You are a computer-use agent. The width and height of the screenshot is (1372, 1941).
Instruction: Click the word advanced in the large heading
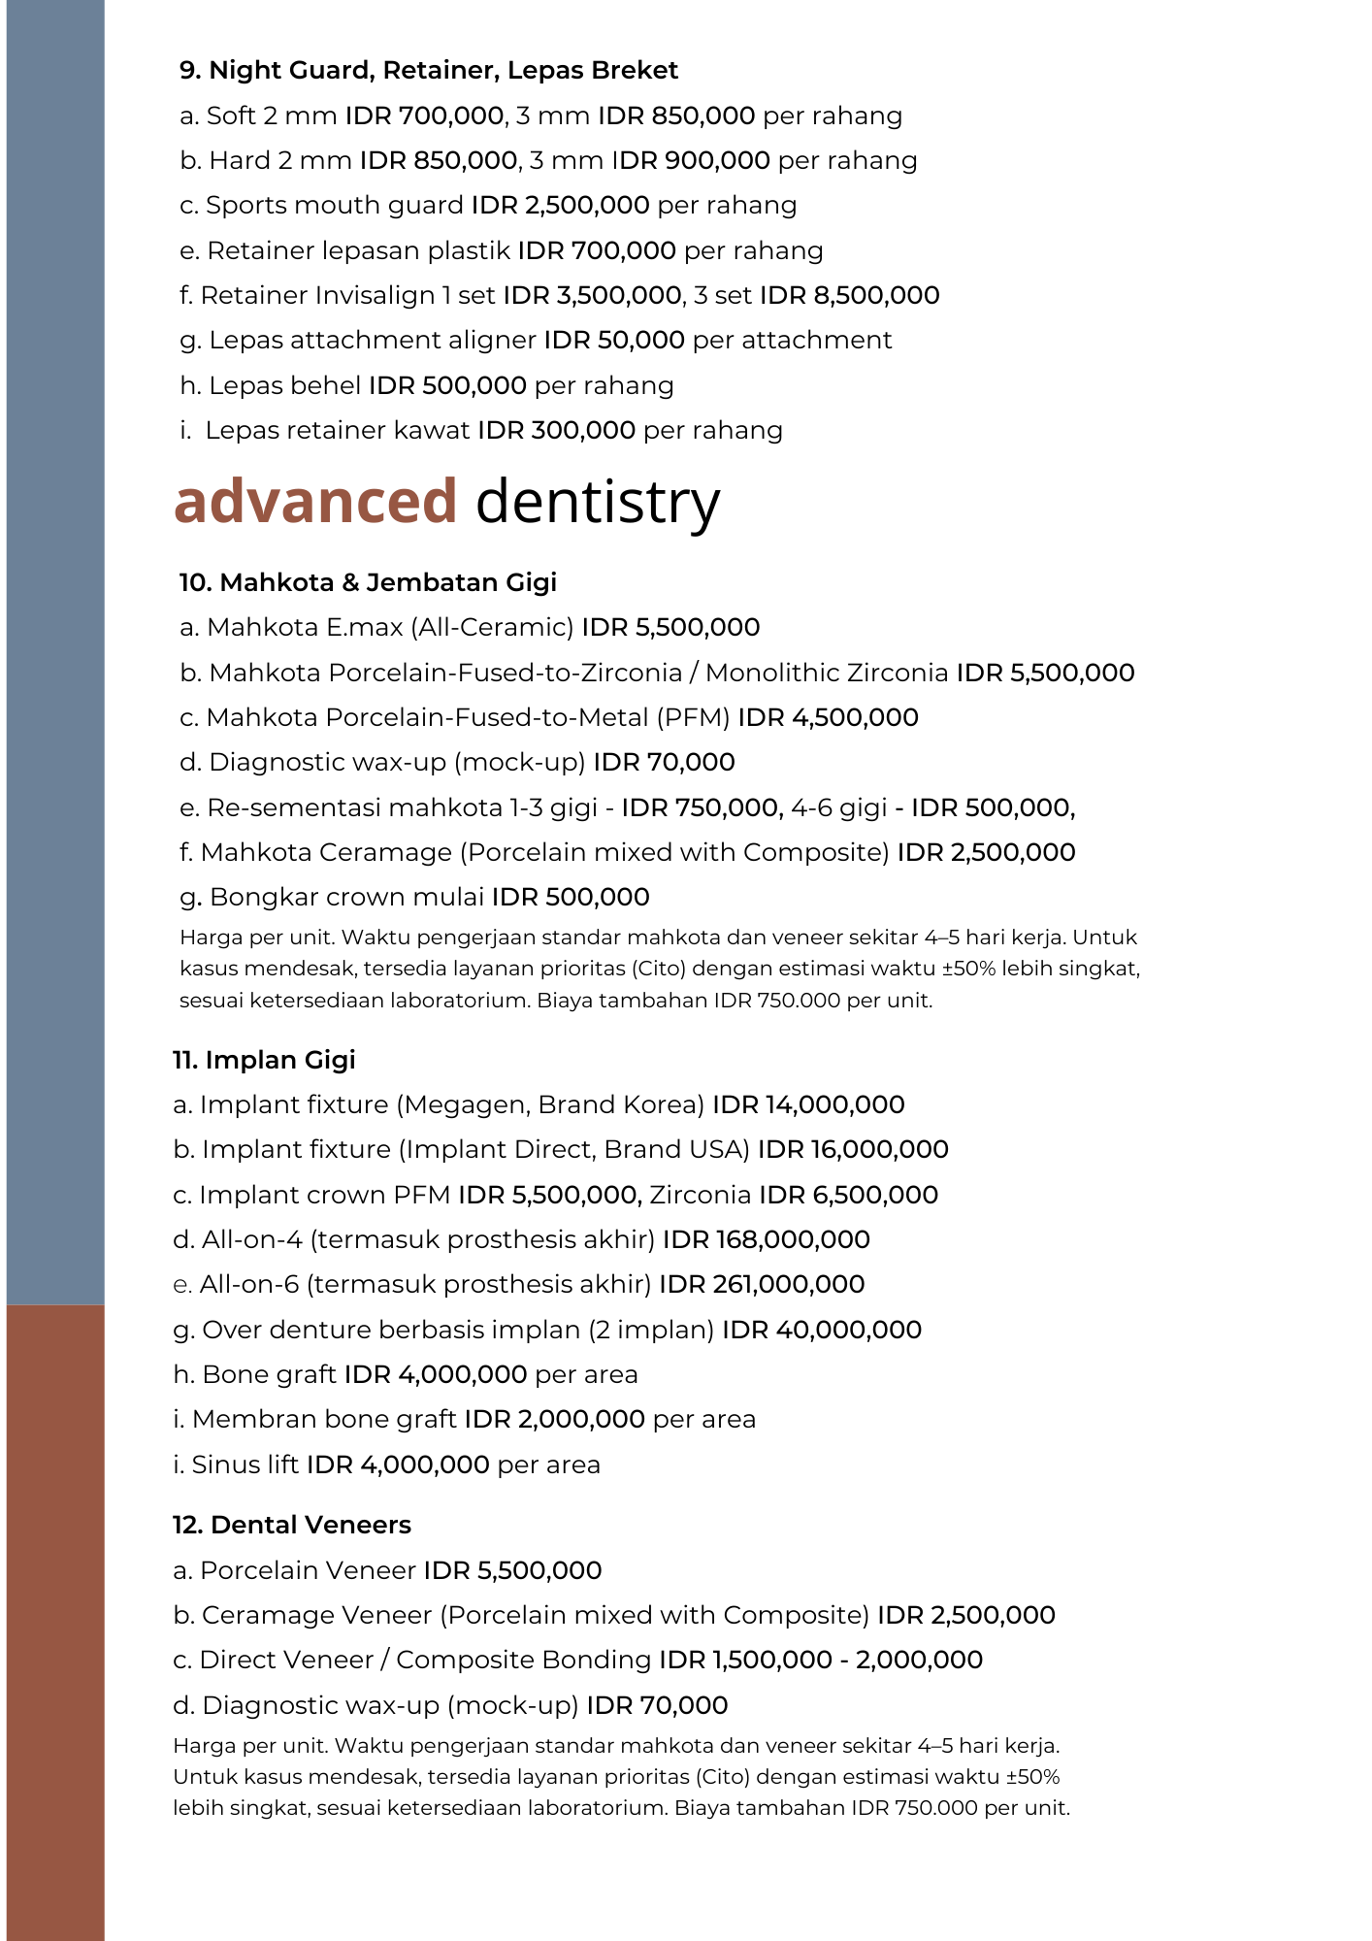point(315,502)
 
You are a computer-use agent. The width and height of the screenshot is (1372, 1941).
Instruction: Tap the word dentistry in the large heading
point(598,502)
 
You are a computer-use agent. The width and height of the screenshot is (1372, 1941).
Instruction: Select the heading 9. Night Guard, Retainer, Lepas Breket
point(429,71)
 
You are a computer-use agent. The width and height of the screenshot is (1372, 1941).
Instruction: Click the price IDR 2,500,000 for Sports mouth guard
point(560,206)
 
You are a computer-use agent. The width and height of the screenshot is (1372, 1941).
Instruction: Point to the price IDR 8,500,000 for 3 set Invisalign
point(849,295)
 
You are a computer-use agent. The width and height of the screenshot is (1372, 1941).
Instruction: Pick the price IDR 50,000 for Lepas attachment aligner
point(613,341)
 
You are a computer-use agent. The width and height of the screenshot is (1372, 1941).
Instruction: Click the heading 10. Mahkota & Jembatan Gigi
point(368,582)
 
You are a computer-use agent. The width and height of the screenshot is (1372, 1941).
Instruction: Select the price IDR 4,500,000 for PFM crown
point(828,718)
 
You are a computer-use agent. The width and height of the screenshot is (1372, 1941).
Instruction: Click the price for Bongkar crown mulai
point(571,898)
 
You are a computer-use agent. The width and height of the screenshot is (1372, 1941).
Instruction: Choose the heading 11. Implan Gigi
point(264,1060)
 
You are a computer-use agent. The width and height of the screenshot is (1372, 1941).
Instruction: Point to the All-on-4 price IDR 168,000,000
point(766,1240)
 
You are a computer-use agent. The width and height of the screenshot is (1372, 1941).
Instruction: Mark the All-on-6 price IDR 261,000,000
point(762,1285)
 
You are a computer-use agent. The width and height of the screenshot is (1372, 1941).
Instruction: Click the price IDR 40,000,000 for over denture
point(821,1331)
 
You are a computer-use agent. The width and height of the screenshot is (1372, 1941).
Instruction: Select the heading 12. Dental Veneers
point(292,1526)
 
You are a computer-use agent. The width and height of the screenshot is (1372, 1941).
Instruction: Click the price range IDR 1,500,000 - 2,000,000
point(820,1661)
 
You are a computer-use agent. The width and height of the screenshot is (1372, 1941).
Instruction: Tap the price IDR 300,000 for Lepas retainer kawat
point(556,431)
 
